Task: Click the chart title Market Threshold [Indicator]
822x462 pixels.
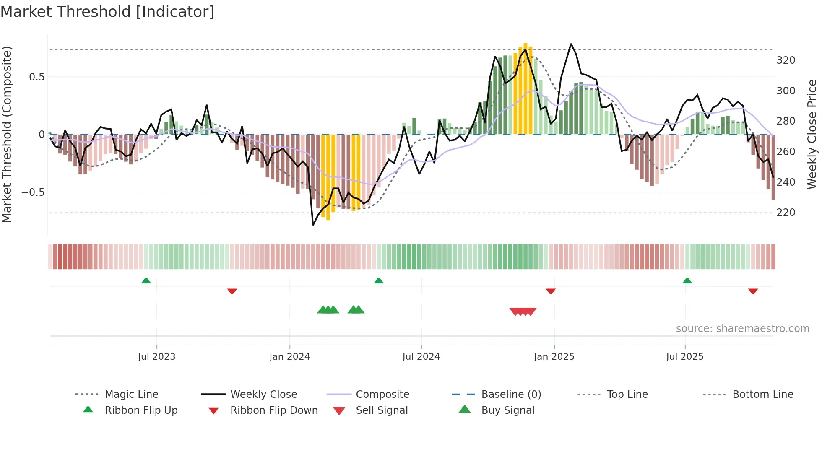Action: pos(107,12)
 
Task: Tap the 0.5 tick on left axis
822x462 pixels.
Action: pos(36,77)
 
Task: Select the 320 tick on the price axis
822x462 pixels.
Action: pos(786,60)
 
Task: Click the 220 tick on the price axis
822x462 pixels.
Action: pos(786,213)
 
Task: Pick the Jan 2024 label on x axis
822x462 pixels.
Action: pos(289,357)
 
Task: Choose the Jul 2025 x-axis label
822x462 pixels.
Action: pos(684,357)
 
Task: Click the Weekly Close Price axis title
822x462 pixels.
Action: pos(812,134)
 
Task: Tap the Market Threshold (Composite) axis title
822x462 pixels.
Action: pos(7,134)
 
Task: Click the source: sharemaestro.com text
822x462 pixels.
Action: pos(742,329)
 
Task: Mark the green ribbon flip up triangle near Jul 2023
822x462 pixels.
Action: pos(146,281)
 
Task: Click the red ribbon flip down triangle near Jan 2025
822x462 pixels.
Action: pos(551,291)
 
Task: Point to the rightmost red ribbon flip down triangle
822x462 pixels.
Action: pos(753,291)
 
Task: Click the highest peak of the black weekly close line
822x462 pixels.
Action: pos(571,44)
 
